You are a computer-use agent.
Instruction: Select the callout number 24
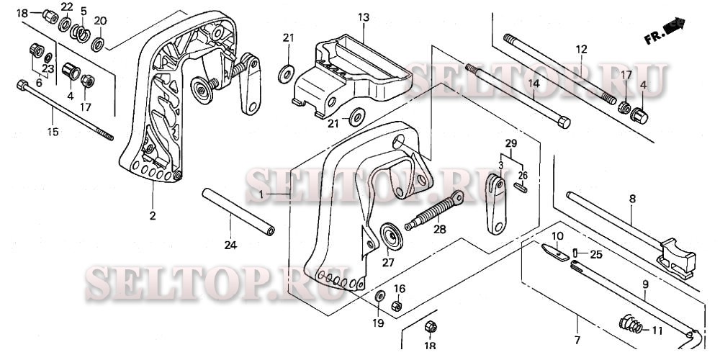pyautogui.click(x=230, y=246)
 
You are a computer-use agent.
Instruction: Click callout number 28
pyautogui.click(x=438, y=230)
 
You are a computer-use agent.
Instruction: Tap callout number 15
pyautogui.click(x=53, y=132)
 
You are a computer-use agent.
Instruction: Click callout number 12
pyautogui.click(x=581, y=49)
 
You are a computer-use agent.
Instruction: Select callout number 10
pyautogui.click(x=558, y=235)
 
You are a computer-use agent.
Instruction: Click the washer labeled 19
pyautogui.click(x=379, y=297)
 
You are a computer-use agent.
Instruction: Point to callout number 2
pyautogui.click(x=153, y=215)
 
